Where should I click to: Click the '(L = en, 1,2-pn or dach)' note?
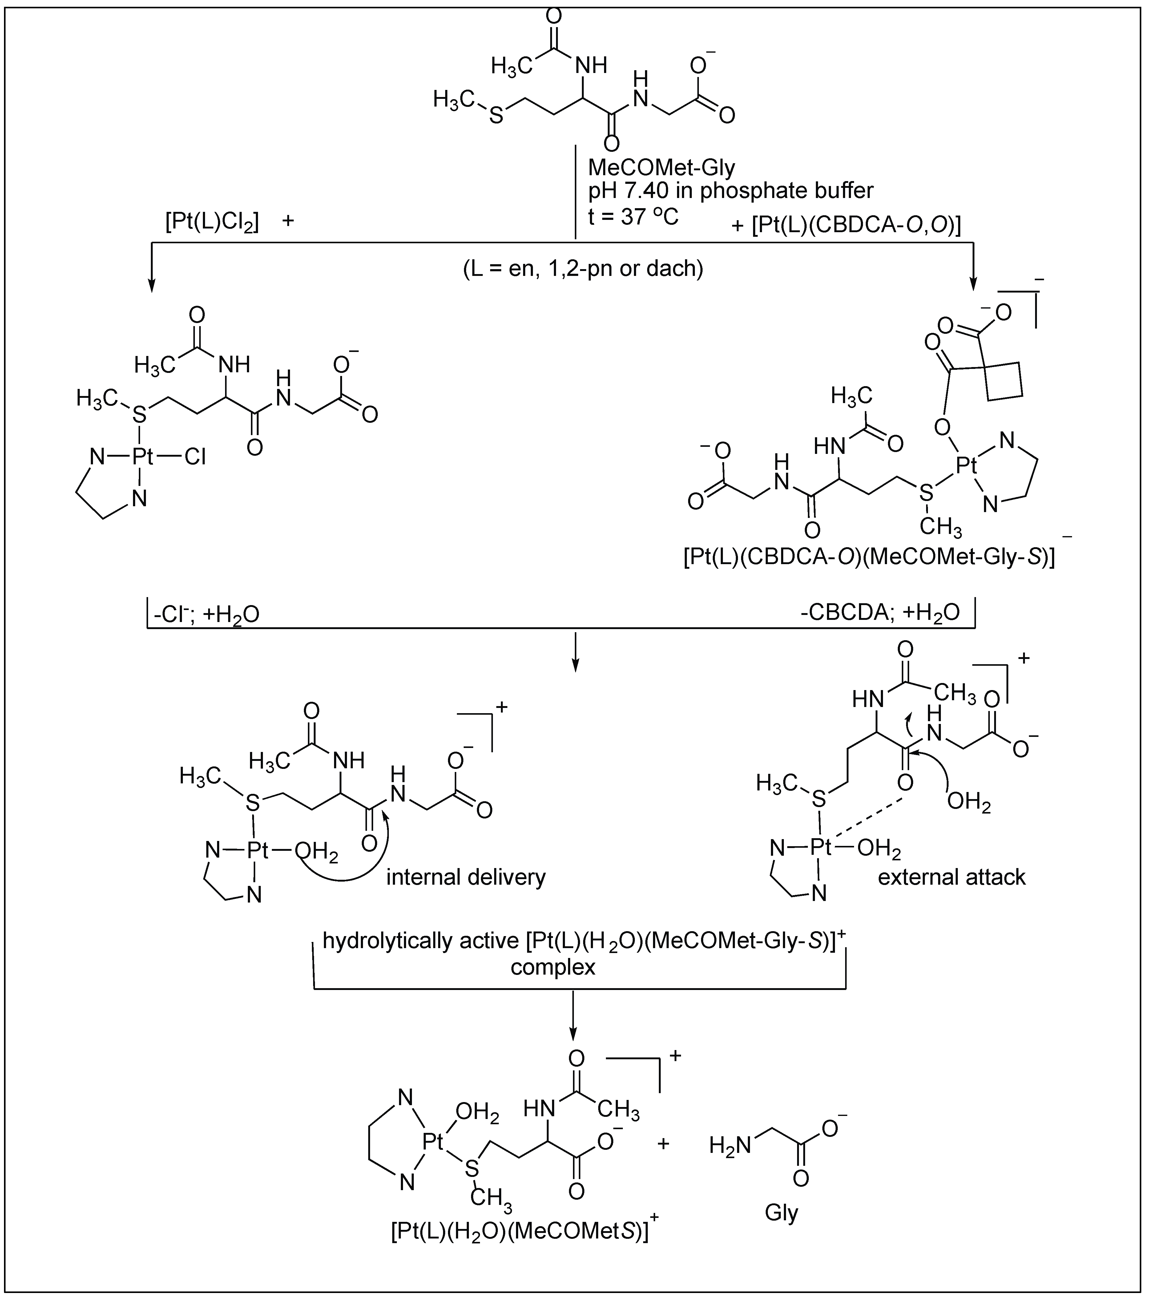(583, 269)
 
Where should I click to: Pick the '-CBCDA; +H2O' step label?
(880, 612)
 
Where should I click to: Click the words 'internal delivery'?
(466, 877)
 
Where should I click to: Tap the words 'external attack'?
(952, 877)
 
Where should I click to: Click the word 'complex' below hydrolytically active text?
(553, 967)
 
